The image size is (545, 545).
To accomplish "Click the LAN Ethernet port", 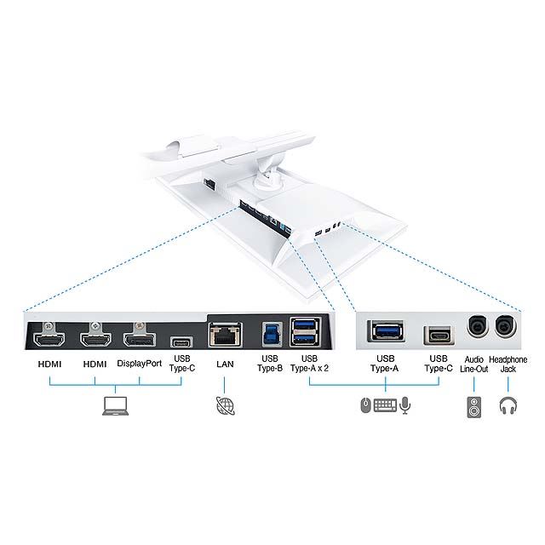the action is point(225,335).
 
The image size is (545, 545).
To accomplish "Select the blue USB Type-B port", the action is point(272,333).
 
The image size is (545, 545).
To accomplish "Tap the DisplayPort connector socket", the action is point(140,339).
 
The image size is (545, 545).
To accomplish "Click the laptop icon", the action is point(116,406).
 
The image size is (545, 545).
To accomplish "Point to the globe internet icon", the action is point(225,405).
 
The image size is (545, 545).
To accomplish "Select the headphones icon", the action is point(508,406).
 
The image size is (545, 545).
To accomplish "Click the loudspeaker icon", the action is point(474,407).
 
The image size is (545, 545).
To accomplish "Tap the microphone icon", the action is point(405,405).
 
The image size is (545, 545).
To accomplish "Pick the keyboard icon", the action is point(385,405).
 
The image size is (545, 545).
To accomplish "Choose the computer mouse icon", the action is point(365,405).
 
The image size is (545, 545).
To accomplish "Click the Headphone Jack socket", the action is point(505,326).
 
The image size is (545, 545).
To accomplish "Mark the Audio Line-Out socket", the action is point(477,326).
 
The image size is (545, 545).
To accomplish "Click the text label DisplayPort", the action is point(140,364).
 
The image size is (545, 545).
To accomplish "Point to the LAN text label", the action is point(225,364).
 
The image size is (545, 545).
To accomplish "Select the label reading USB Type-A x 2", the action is point(309,364).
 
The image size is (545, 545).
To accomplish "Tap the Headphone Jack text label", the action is point(508,364).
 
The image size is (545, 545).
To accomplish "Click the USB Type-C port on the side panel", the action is point(439,336).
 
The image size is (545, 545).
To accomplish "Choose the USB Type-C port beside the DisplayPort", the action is point(181,342).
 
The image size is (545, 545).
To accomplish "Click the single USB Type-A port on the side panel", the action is point(386,330).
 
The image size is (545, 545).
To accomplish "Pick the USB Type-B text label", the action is point(270,364).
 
